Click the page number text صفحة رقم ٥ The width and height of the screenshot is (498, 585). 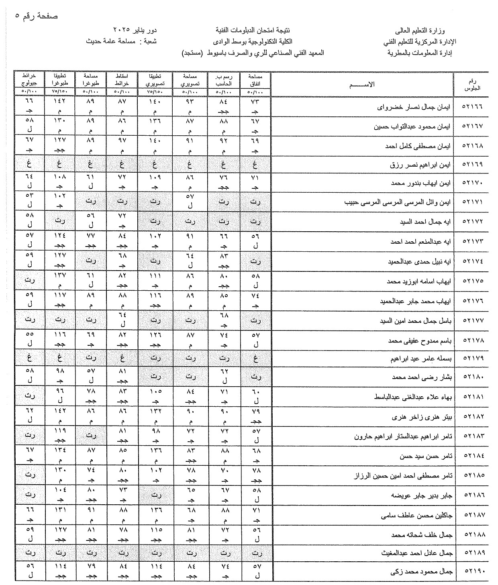37,16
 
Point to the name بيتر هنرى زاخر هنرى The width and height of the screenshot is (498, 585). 421,417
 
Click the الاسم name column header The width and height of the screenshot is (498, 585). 362,84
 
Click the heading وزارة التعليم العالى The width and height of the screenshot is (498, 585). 426,31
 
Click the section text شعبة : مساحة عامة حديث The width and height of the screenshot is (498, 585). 122,41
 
